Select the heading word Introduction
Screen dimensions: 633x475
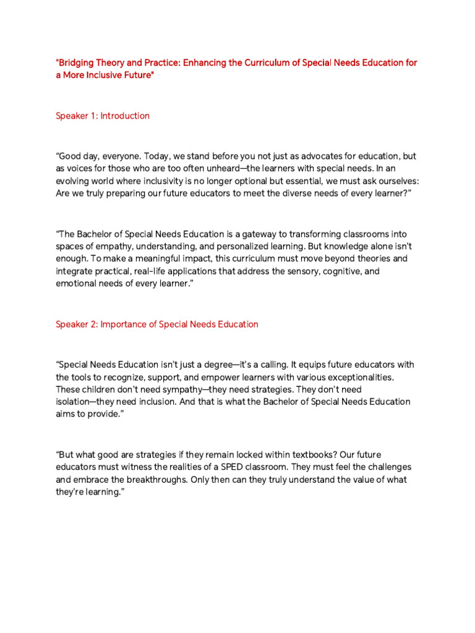point(125,116)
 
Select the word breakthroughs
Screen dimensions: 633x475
point(175,479)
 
